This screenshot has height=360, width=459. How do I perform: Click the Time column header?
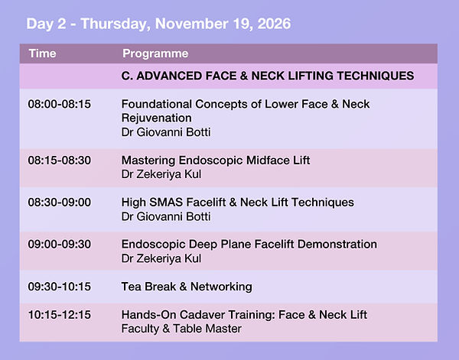point(42,54)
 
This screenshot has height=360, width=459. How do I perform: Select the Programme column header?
point(155,54)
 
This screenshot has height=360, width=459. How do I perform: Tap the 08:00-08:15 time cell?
point(60,104)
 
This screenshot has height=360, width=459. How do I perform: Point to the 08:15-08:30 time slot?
point(60,161)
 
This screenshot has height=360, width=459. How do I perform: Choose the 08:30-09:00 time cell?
point(60,203)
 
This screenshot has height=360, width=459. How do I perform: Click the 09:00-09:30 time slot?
point(60,244)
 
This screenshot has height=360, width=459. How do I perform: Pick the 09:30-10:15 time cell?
point(60,287)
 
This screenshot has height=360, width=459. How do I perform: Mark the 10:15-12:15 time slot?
point(60,315)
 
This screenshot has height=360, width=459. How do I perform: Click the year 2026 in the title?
point(274,24)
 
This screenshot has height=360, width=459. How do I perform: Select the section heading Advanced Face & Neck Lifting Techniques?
point(268,76)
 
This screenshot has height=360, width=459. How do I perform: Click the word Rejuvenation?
point(157,118)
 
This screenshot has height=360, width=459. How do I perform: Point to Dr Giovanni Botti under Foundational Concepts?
point(166,132)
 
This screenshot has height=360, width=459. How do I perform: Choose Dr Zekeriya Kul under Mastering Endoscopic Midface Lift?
point(161,174)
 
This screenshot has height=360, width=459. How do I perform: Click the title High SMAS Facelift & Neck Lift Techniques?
point(238,203)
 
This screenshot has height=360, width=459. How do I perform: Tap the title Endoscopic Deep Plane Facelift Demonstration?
point(249,244)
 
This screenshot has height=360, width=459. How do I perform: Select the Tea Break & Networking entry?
point(187,287)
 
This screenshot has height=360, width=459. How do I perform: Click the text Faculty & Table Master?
point(181,329)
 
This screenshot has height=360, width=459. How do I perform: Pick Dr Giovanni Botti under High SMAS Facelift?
point(166,217)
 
